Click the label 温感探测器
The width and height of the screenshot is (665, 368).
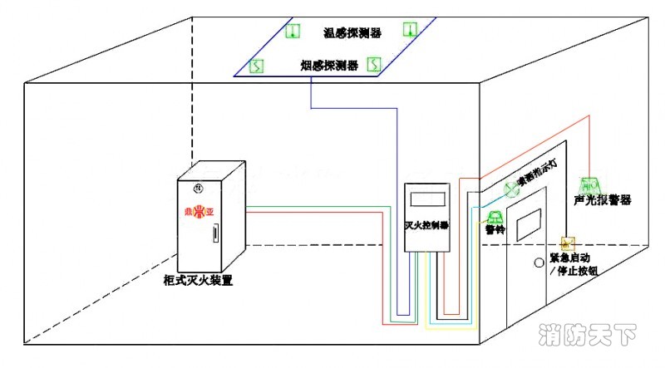coord(352,33)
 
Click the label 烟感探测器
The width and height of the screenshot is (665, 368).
coord(329,65)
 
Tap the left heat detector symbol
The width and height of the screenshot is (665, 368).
coord(292,31)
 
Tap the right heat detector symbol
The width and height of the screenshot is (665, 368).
coord(408,30)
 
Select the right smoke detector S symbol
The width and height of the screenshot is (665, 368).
coord(374,63)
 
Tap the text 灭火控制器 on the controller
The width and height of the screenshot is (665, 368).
coord(426,225)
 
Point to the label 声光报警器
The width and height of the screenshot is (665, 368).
coord(603,201)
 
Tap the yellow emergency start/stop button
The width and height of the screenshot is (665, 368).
coord(569,244)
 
